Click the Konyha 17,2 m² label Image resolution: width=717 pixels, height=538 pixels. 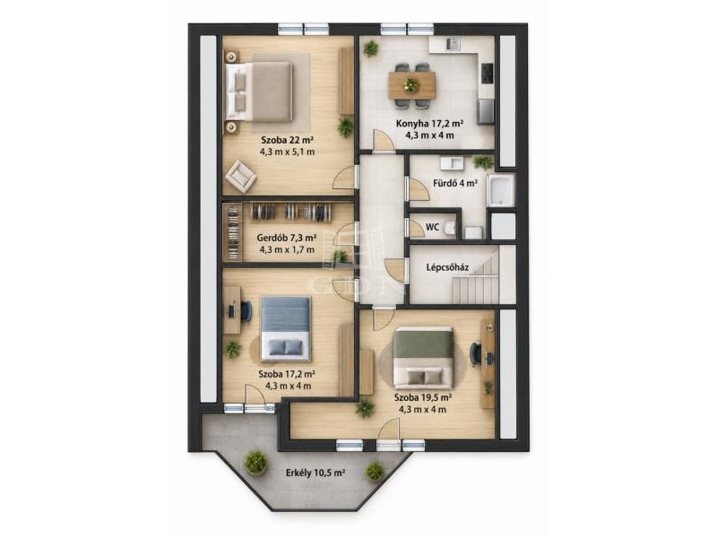(x=430, y=124)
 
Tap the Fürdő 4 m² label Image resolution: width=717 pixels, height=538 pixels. (x=455, y=184)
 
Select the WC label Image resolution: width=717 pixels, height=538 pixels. (x=432, y=227)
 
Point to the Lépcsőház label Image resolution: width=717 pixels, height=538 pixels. (x=447, y=267)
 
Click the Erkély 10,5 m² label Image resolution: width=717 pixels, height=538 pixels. (x=315, y=473)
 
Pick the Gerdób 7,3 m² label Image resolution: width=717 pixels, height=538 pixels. (x=287, y=238)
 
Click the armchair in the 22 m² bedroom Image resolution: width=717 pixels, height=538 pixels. (x=240, y=176)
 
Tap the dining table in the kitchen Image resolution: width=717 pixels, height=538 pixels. (x=411, y=85)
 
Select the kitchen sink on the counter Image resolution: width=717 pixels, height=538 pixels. (x=454, y=44)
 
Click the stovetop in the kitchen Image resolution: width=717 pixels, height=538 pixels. (x=487, y=74)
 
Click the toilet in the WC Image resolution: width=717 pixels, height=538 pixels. (x=451, y=229)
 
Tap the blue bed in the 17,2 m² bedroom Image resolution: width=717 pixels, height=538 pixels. (x=286, y=328)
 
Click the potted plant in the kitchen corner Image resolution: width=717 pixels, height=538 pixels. (x=371, y=48)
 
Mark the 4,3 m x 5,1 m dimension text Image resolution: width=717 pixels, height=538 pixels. (x=287, y=152)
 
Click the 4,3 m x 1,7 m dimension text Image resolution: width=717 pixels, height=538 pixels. (x=287, y=250)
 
